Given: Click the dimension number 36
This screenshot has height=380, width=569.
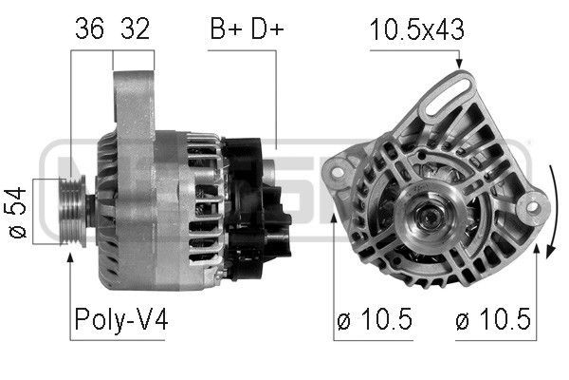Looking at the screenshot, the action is (x=90, y=28).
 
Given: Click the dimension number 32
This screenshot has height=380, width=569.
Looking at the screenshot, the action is (x=135, y=28).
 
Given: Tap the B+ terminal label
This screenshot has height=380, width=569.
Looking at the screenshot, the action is (x=226, y=28).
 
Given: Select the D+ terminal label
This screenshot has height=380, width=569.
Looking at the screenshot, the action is (x=267, y=28).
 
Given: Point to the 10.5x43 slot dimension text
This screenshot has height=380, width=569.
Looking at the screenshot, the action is (x=416, y=29).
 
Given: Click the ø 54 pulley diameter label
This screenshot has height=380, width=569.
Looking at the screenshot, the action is (x=17, y=213).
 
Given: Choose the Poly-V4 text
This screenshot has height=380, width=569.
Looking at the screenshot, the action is (x=121, y=319).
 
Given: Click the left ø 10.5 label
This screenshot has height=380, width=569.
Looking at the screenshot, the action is (x=375, y=319).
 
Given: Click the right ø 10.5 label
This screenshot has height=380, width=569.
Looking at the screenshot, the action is (x=493, y=319).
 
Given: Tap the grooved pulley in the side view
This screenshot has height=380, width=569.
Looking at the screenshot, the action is (x=73, y=211).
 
